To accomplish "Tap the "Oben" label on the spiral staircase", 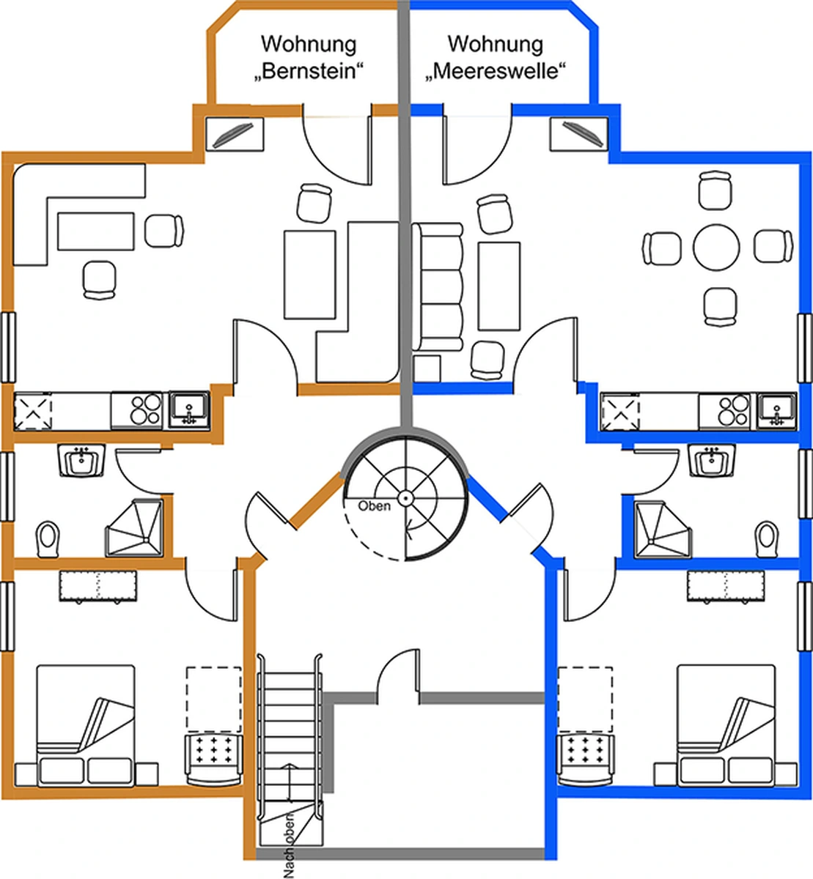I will coord(374,506).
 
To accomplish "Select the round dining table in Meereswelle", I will coord(716,246).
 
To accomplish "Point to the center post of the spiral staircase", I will coord(405,498).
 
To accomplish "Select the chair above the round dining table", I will coord(715,191).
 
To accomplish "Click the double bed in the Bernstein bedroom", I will coord(86,725).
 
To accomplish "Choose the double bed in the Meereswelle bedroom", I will coord(726,725).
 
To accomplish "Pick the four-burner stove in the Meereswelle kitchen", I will coord(733,410).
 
